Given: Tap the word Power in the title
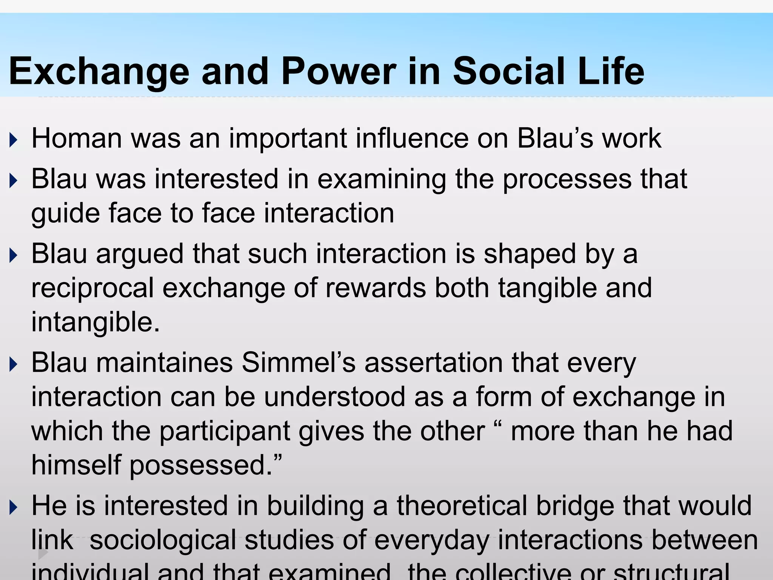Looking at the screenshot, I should tap(339, 71).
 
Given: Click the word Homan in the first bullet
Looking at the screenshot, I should tap(77, 138).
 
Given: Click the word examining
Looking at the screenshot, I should tap(382, 179).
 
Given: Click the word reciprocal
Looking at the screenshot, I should tap(92, 288).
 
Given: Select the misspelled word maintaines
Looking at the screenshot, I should tap(165, 363).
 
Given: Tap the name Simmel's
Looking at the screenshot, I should tap(299, 363).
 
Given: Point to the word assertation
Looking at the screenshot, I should tap(434, 363).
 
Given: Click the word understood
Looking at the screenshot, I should tap(334, 397).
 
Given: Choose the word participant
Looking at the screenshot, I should tap(225, 431).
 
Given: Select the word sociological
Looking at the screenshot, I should tap(163, 540).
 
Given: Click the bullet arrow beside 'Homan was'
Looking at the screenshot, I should tap(14, 140).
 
